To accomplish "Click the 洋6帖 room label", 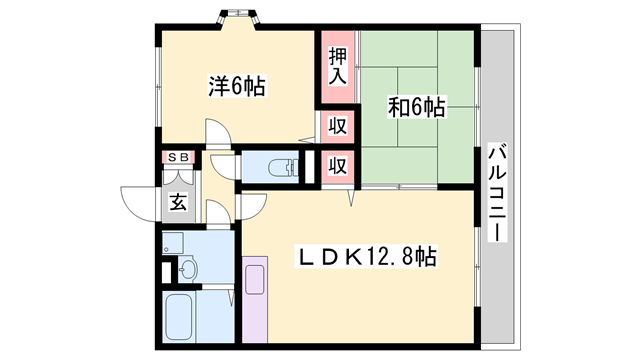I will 237,87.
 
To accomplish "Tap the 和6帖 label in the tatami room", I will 416,106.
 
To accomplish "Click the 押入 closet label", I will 338,65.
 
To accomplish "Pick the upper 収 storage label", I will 338,127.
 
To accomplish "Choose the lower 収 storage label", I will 338,165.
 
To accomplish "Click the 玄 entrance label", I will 178,201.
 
